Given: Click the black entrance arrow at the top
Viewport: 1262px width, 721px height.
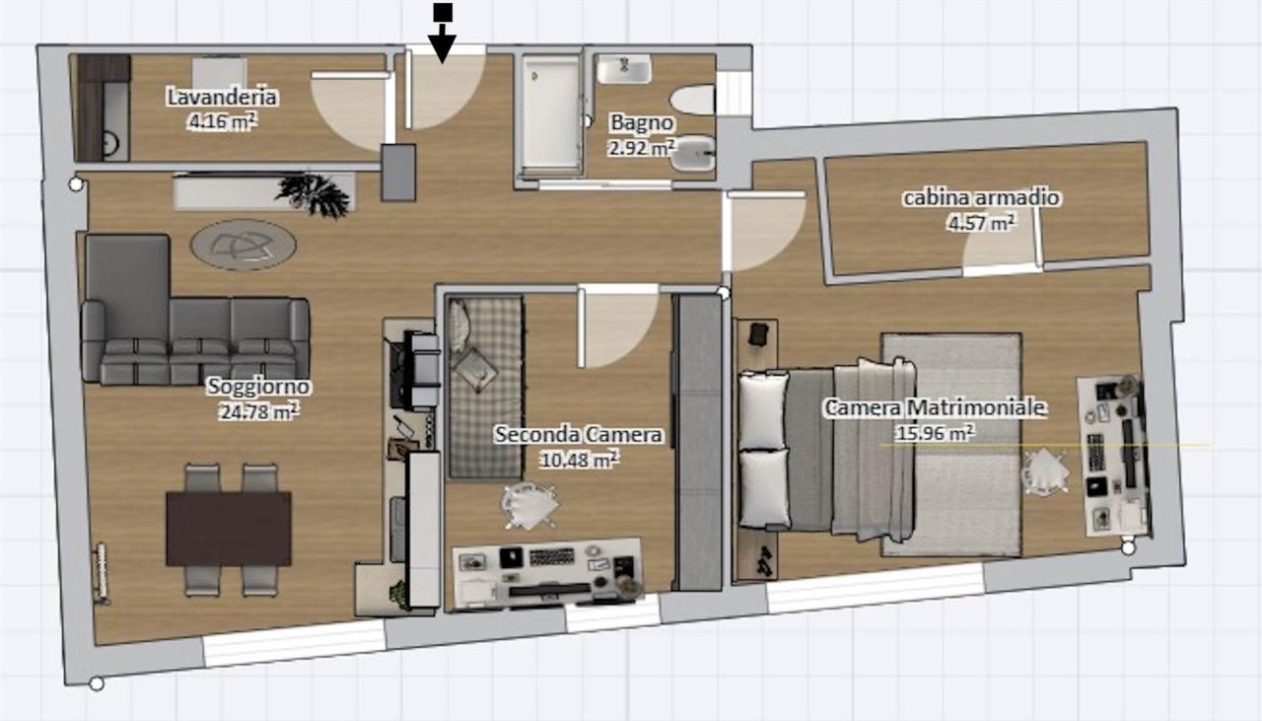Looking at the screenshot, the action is tap(443, 34).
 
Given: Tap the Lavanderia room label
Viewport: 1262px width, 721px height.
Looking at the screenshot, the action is tap(222, 97).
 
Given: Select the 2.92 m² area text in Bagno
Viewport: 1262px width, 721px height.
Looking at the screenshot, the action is tap(642, 148).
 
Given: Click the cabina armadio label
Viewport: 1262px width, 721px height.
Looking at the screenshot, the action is tap(981, 198).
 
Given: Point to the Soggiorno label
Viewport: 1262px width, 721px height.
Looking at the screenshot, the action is tap(258, 387).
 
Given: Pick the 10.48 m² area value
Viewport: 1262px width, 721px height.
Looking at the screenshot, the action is tap(579, 460).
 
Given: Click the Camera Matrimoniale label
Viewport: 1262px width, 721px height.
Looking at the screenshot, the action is tap(935, 407).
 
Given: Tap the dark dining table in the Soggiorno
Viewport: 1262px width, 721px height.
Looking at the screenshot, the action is tap(228, 529).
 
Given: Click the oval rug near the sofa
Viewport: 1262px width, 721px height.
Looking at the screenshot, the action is tap(244, 246).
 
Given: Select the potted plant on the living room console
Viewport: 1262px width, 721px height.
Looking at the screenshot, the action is tap(314, 194).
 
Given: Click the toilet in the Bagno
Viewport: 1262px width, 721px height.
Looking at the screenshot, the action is tap(693, 100).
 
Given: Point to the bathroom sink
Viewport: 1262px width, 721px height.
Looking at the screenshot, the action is tap(624, 69).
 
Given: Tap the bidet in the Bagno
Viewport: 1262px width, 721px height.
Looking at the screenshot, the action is tap(693, 153).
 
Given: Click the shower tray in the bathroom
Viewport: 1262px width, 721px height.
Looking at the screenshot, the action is tap(550, 115).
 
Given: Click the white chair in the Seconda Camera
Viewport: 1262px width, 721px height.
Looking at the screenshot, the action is tap(529, 506).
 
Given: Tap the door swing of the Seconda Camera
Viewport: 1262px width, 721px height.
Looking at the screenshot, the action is tap(617, 326).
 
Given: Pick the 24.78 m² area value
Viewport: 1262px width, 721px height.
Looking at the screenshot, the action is tap(258, 412).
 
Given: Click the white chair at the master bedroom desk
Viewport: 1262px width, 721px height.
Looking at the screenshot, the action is tap(1045, 472).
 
